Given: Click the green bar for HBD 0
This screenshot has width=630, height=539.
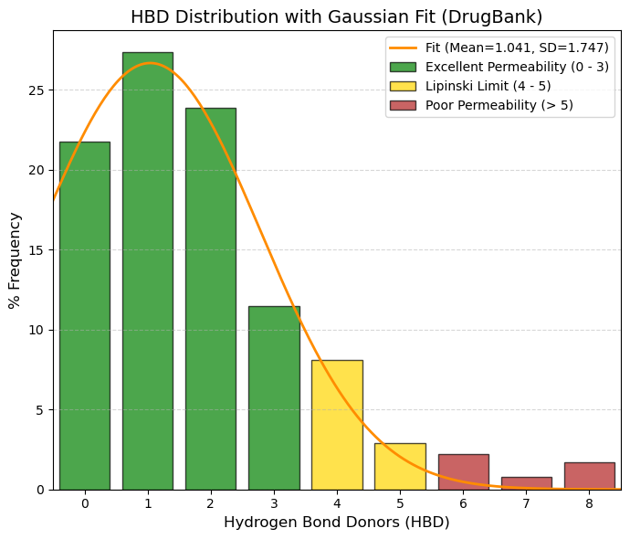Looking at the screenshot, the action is click(85, 315).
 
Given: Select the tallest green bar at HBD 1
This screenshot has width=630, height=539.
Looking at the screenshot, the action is click(148, 271).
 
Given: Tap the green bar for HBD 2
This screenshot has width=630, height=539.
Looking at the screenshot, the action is click(211, 299).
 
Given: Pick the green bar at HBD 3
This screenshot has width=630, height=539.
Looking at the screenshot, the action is click(274, 398).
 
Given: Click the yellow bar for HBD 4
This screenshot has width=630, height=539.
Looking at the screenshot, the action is click(337, 425).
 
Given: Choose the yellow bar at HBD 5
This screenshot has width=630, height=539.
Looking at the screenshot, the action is click(400, 467).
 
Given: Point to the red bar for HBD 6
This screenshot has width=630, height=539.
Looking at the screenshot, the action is click(463, 472).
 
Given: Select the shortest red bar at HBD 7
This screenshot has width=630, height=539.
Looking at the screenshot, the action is click(526, 483).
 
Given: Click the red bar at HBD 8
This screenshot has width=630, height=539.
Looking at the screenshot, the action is click(590, 476).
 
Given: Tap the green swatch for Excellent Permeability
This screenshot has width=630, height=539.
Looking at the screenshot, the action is click(403, 67).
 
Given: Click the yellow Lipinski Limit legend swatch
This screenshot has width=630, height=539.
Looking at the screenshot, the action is click(403, 86).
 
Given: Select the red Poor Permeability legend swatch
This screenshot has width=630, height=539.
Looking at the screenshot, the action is click(403, 105).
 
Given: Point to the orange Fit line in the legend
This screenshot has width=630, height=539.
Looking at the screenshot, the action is click(403, 48).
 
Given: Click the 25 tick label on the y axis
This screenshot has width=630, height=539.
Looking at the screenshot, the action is click(37, 90).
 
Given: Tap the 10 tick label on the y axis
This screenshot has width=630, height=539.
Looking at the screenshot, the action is click(37, 331).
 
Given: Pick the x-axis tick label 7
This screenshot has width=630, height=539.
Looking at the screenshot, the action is click(526, 503).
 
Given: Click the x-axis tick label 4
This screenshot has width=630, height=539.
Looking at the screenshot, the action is click(337, 503).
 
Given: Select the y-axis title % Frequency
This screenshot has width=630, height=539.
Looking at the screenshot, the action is click(15, 260).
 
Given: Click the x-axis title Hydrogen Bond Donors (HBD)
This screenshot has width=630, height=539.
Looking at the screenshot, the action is click(337, 523).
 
